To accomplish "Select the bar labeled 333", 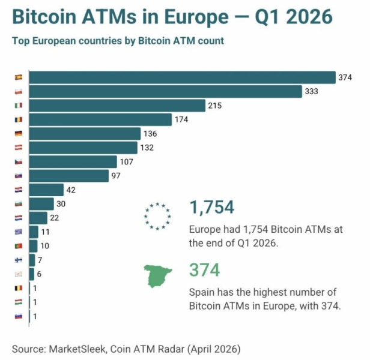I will [165, 91].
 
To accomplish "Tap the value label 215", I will [214, 106].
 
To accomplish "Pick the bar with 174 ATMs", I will [100, 119].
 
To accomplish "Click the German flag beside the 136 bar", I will [18, 134].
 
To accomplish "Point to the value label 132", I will [147, 148].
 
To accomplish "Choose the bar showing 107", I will [72, 161].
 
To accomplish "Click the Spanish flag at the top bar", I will [18, 77].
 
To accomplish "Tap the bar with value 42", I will [46, 190].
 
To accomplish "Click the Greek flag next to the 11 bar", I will [18, 232].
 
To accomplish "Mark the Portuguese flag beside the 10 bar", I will [18, 246].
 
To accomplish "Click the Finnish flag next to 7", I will [18, 260].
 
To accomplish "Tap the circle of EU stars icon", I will [157, 216].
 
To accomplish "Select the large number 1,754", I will [211, 208].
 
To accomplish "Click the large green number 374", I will [204, 270].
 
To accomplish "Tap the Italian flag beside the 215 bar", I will [18, 106].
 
